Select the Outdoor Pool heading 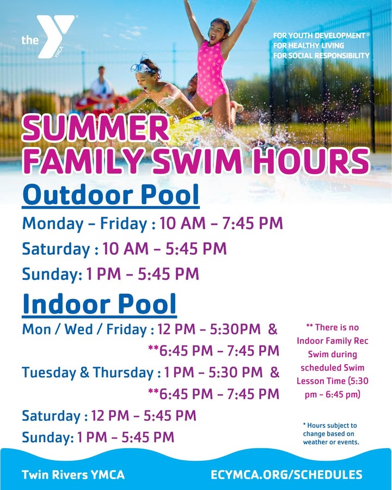click(x=111, y=195)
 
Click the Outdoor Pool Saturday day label click(x=56, y=249)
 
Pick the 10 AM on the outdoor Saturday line click(x=125, y=249)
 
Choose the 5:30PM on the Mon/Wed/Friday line click(x=235, y=329)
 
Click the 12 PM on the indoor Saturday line click(x=110, y=415)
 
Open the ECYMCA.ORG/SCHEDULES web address click(x=286, y=475)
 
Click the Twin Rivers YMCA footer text click(x=73, y=475)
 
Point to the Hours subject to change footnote click(x=330, y=434)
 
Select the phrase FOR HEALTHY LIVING click(x=309, y=46)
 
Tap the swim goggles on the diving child click(x=143, y=68)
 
